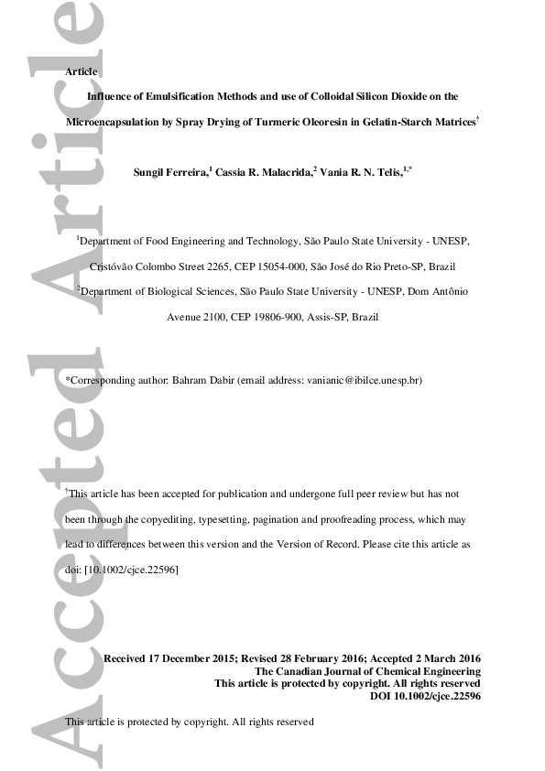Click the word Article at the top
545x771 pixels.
click(x=82, y=71)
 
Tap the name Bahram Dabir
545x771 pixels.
click(x=202, y=379)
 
